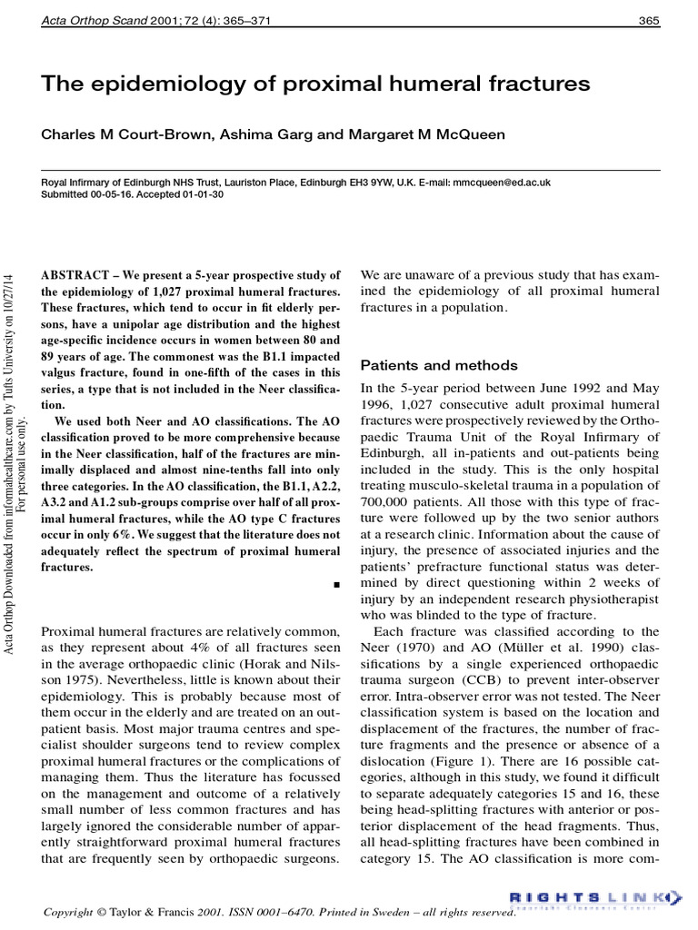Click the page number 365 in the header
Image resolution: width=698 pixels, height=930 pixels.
tap(649, 20)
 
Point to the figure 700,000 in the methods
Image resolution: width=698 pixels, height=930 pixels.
tap(389, 519)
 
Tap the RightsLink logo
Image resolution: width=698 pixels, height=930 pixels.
tap(593, 899)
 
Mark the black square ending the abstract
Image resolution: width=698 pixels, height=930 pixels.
tap(336, 586)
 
